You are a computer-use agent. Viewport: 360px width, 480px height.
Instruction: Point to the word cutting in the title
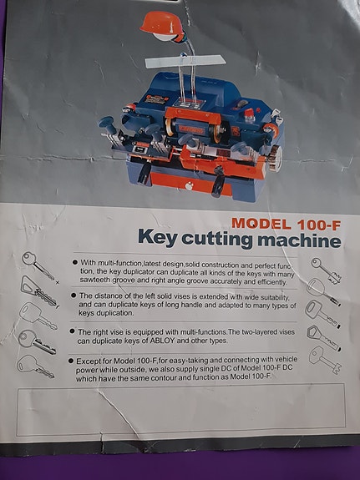[227, 243]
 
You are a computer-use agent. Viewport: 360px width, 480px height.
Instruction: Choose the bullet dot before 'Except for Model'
[74, 360]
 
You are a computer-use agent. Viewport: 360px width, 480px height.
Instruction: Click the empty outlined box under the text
[180, 409]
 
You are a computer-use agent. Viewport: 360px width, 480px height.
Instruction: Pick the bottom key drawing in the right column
[322, 359]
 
